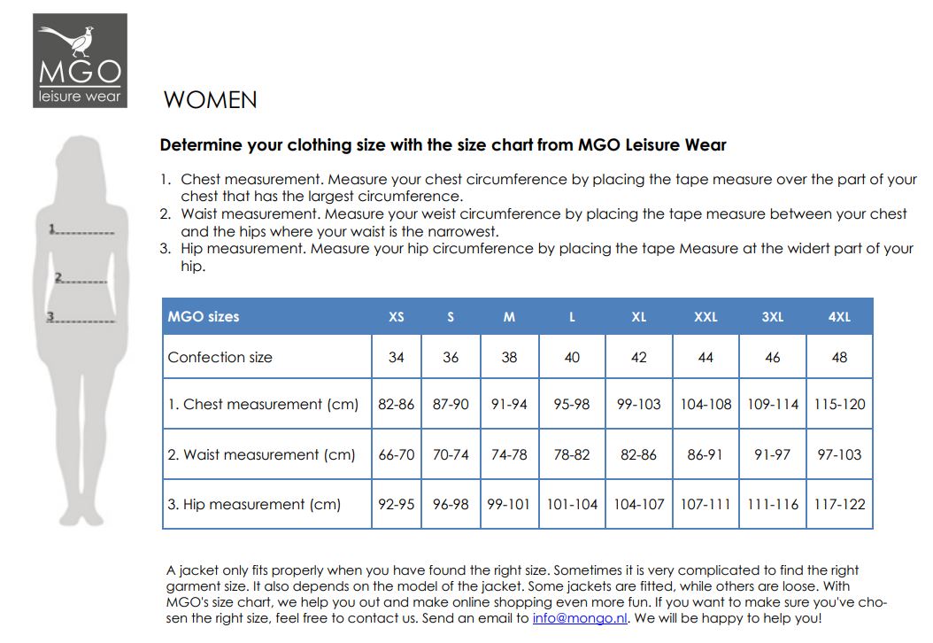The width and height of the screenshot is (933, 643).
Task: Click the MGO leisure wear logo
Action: [x=80, y=60]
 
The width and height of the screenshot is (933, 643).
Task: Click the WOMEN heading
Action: [x=211, y=100]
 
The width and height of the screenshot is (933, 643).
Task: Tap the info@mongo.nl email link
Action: [x=580, y=618]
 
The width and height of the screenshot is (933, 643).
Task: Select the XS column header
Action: [x=397, y=316]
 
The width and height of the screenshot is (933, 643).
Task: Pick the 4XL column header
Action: [x=839, y=316]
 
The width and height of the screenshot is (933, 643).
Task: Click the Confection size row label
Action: [x=220, y=358]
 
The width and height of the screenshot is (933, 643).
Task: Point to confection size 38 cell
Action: [x=509, y=358]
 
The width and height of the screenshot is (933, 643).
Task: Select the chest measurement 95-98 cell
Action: [x=572, y=405]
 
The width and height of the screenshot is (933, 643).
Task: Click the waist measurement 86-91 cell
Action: [x=706, y=454]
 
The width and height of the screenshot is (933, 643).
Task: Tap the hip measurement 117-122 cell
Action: [x=839, y=505]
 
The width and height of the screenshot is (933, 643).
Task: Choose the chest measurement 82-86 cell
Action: [x=397, y=405]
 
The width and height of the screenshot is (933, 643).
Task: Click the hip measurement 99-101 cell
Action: [x=509, y=505]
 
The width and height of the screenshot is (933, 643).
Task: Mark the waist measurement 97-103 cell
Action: [x=839, y=454]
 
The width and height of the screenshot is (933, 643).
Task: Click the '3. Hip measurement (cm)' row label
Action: [x=254, y=505]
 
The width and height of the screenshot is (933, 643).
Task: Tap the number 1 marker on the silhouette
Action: [x=53, y=229]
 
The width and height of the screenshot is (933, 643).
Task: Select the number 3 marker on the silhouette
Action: [x=50, y=316]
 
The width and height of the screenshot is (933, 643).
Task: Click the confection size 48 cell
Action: [x=839, y=358]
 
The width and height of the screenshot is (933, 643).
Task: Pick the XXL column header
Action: [x=706, y=316]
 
